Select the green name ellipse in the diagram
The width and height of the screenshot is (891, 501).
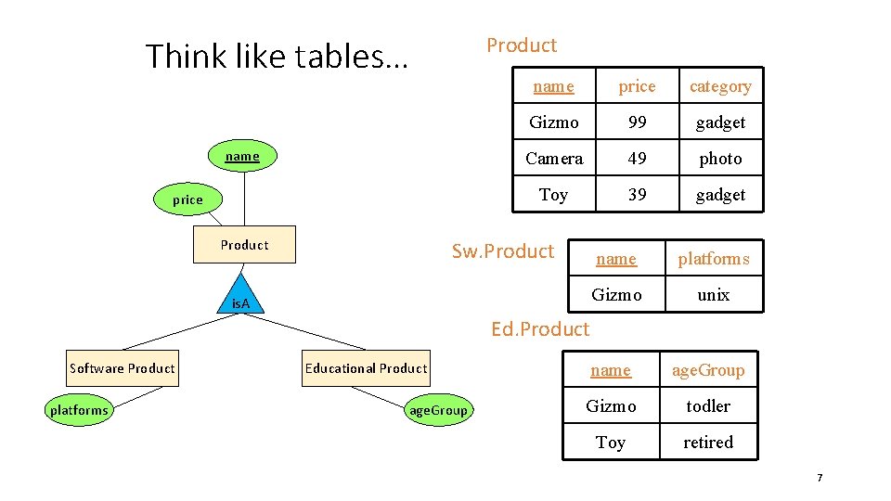[242, 157]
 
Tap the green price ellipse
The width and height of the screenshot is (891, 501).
[187, 199]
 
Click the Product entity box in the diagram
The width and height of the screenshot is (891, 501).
[244, 245]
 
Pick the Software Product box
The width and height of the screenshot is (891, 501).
[123, 368]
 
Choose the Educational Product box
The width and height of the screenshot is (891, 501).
[366, 368]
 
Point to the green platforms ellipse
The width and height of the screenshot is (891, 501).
[79, 410]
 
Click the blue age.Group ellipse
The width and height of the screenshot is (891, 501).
[438, 410]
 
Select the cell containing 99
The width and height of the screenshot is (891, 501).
[637, 122]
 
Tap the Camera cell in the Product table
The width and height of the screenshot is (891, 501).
[554, 159]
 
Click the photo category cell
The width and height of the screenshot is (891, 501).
[720, 159]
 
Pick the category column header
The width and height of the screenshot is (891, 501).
[720, 86]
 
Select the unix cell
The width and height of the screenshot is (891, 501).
[713, 295]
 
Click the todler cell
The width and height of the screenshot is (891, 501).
[707, 406]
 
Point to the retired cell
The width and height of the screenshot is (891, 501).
[707, 443]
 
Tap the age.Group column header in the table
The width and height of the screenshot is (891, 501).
[707, 370]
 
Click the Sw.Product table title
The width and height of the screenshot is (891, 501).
[503, 251]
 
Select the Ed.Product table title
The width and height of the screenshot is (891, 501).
[540, 328]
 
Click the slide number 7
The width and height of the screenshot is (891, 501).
[820, 478]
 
